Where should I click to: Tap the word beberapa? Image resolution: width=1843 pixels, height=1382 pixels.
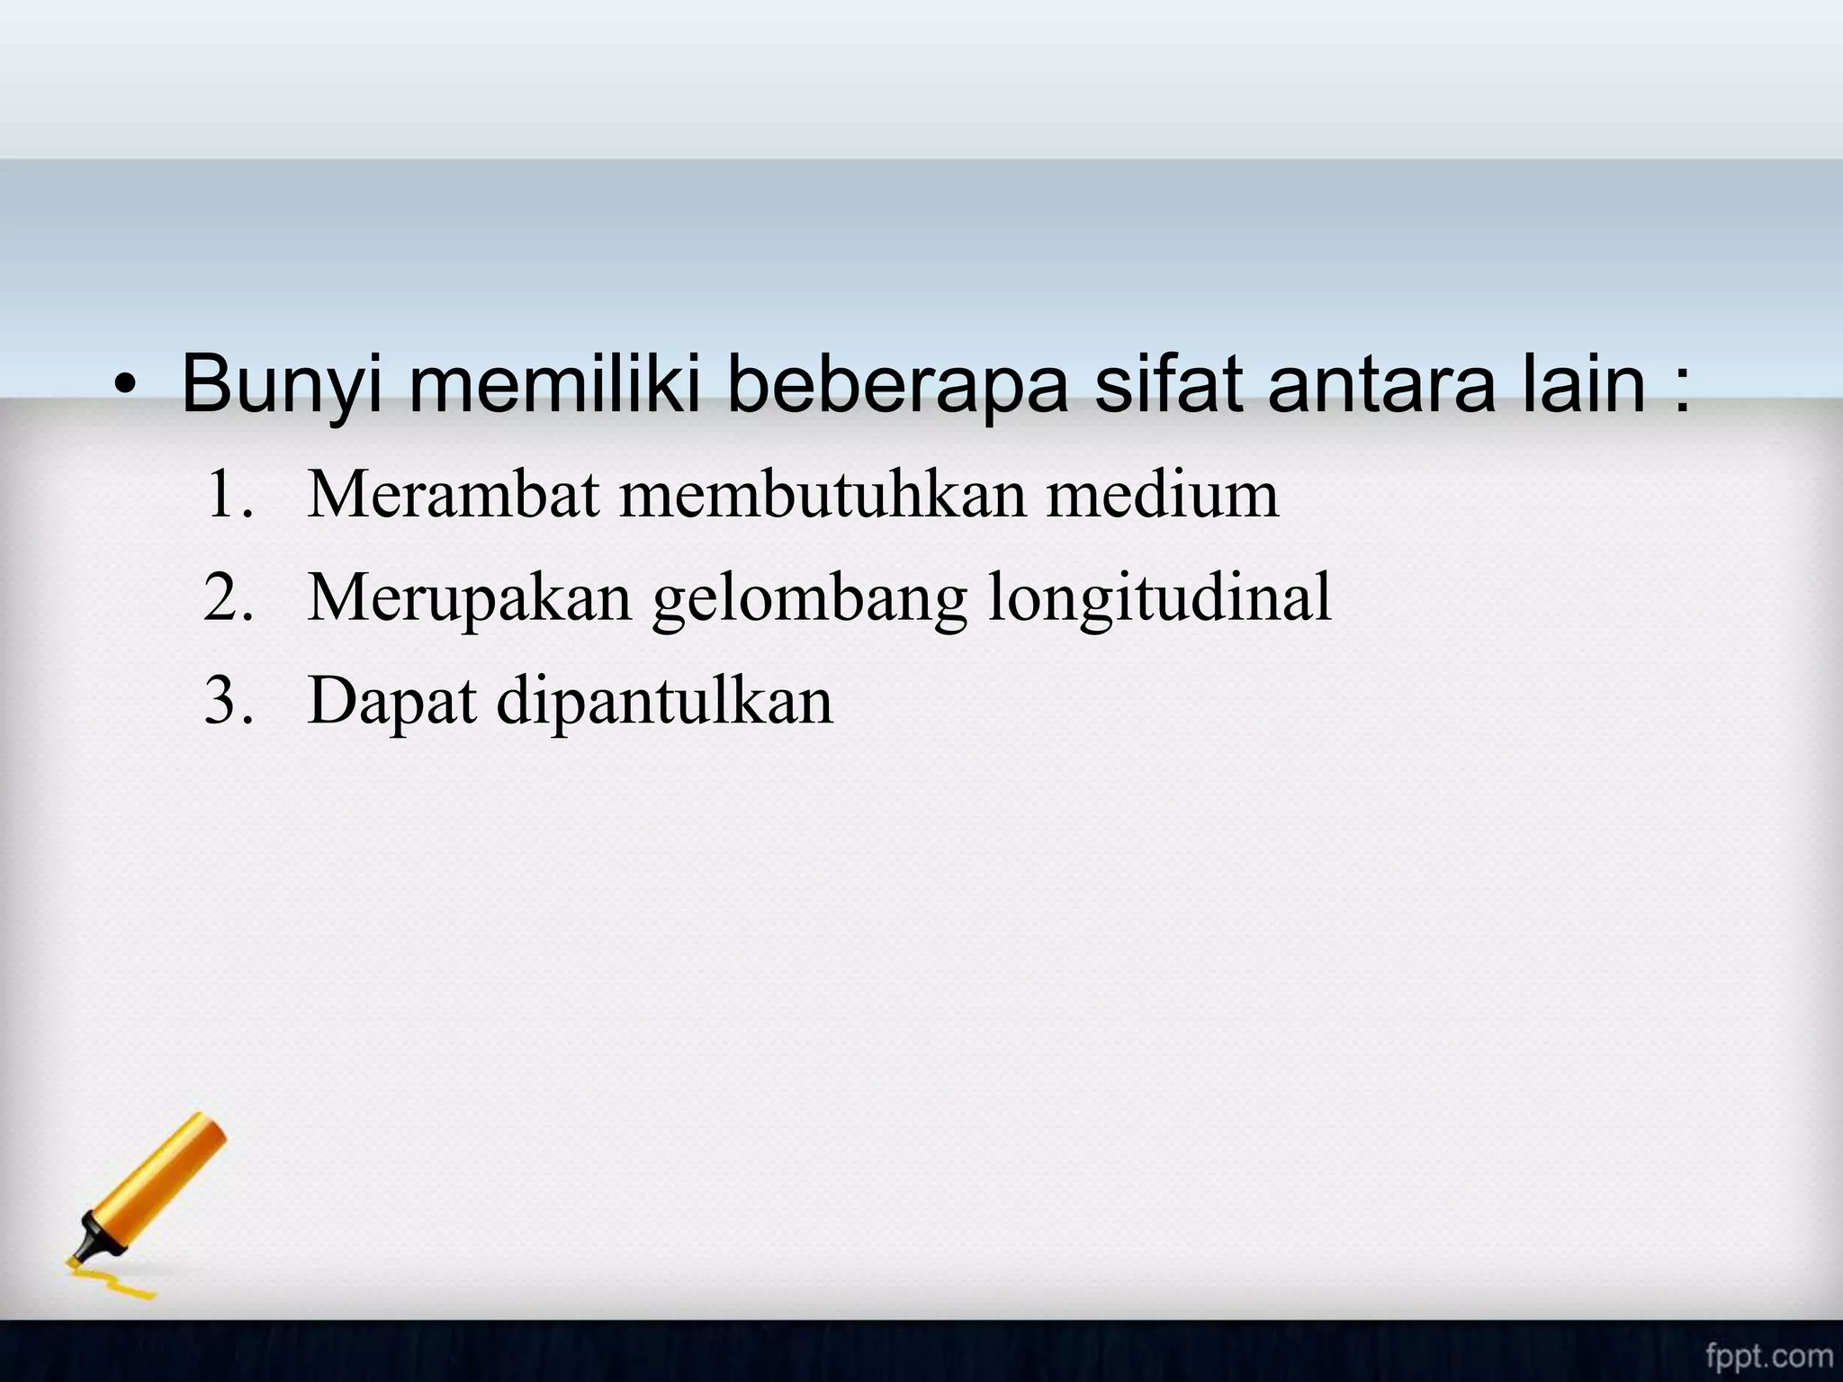pos(898,386)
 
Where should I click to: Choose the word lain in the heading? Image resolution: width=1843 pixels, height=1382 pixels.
pos(1583,384)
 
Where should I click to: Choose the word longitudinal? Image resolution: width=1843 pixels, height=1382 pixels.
pos(1159,598)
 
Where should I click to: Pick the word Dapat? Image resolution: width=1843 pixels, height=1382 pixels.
pos(391,702)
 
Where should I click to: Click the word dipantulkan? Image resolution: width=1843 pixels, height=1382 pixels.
pos(665,702)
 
